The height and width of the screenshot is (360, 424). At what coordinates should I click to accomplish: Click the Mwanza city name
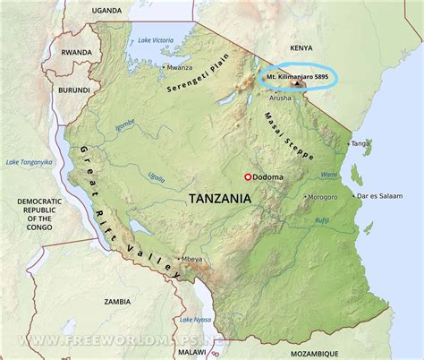pos(180,66)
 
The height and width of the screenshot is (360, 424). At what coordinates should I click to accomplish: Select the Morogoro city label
pos(322,196)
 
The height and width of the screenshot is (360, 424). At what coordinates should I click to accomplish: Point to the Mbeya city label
pos(193,259)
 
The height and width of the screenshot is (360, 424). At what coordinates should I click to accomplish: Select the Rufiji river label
pos(324,221)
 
